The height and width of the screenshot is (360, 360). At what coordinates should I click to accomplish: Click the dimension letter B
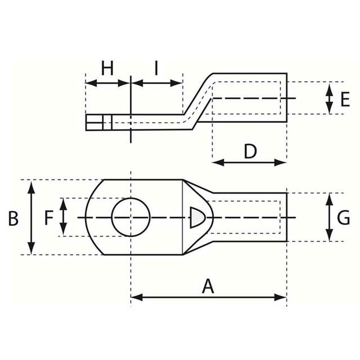pos(13,218)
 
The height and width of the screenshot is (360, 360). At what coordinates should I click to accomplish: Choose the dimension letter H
pos(107,69)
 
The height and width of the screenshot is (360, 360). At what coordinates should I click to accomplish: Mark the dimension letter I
pos(156,69)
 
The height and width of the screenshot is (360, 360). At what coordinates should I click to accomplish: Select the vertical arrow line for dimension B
pos(31,236)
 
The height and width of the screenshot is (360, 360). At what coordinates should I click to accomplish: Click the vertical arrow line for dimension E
pos(330,98)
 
